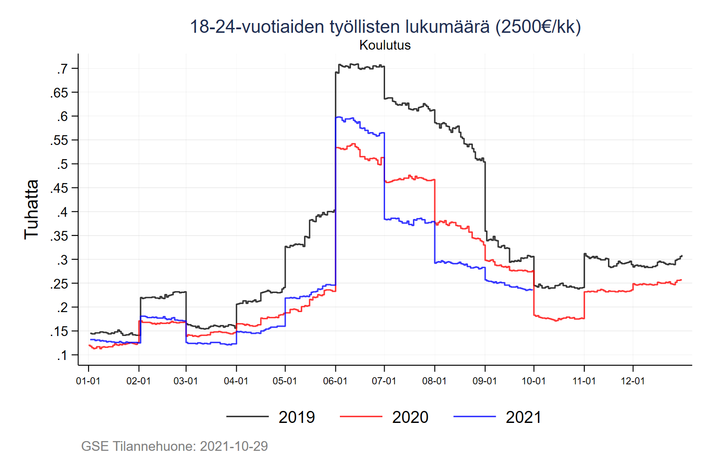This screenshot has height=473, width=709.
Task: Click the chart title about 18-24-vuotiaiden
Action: coord(385,27)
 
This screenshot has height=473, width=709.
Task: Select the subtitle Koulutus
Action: coord(385,45)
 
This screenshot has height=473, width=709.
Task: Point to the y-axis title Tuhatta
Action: coord(31,210)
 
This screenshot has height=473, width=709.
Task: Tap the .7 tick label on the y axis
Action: coord(62,69)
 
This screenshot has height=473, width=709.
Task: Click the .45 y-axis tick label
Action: coord(59,188)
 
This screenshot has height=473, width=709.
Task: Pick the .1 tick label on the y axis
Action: coord(62,355)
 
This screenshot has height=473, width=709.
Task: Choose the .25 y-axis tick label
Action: coord(59,284)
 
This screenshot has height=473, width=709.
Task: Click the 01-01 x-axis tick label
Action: coord(88,381)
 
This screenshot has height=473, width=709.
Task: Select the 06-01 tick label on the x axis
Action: coord(335,381)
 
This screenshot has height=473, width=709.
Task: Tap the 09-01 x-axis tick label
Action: coord(485,381)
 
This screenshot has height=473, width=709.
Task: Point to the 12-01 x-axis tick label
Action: coord(633,381)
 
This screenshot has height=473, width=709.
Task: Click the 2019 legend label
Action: coord(296,417)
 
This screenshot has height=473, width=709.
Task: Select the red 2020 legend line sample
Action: coord(361,417)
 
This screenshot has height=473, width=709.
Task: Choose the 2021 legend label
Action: coord(523,417)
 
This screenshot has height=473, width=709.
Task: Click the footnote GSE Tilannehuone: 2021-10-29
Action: coord(175,446)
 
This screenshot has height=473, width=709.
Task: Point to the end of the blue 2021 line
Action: coord(532,290)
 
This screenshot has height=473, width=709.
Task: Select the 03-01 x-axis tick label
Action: coord(186,381)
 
